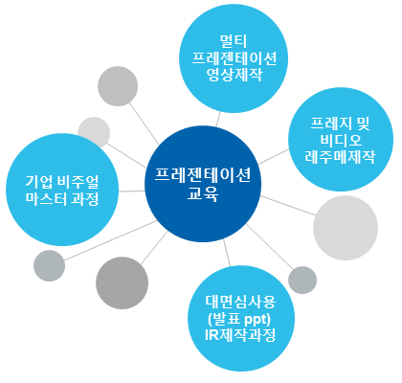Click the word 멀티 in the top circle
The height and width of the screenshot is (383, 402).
pos(234,41)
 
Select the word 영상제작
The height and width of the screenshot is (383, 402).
pos(234,75)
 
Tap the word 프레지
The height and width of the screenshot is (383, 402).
pos(331,124)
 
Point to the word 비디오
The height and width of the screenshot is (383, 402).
pos(341,140)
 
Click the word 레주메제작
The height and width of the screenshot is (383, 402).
pos(340,157)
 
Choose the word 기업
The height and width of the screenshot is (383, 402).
pos(39,182)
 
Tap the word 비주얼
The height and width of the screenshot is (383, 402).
pos(78,182)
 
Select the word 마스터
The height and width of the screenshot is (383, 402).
pos(46,198)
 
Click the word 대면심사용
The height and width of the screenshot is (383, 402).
pos(240,302)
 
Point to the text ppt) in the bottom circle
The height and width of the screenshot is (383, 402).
pos(257,319)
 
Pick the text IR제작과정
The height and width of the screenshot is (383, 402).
pos(240,335)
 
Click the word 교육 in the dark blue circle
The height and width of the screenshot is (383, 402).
pos(203,193)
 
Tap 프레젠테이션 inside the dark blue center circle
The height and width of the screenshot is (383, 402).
pos(203,174)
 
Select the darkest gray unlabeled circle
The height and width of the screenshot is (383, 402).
pos(123,283)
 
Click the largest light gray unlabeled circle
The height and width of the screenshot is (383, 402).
pos(346,228)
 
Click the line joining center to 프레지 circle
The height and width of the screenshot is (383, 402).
pos(274,157)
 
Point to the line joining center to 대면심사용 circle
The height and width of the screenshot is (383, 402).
pos(227,253)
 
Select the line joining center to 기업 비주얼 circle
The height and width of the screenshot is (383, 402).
pos(132,191)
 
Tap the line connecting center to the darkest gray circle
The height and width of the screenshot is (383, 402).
pos(154,248)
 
